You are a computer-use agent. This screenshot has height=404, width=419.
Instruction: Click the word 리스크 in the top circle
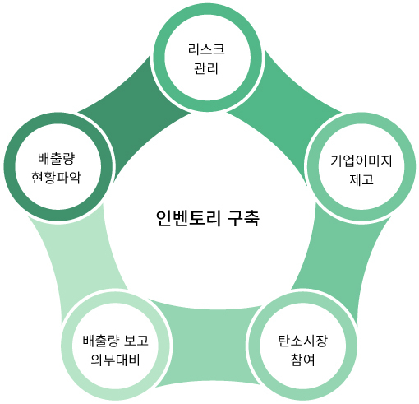click(x=206, y=49)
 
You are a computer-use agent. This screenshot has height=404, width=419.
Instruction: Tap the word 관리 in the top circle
click(x=206, y=68)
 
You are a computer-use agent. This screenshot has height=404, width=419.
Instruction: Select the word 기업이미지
click(x=361, y=160)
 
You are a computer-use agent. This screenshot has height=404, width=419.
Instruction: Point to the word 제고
click(x=361, y=179)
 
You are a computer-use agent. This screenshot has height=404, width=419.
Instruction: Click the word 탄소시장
click(x=302, y=341)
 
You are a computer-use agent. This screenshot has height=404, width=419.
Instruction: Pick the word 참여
click(x=302, y=360)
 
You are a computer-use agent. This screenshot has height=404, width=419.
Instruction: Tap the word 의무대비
click(x=115, y=360)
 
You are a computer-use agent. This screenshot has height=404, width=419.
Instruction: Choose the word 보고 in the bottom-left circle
click(x=136, y=341)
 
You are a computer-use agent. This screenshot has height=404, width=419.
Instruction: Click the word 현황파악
click(x=56, y=178)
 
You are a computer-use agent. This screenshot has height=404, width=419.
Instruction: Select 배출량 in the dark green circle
click(x=56, y=159)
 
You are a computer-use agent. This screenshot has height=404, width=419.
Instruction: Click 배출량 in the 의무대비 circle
click(x=101, y=341)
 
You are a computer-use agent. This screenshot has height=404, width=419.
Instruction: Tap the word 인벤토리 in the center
click(x=188, y=218)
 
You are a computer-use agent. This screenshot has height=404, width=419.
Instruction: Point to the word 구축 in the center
click(x=243, y=218)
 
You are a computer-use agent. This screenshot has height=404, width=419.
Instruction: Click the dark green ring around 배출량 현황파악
click(x=10, y=167)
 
